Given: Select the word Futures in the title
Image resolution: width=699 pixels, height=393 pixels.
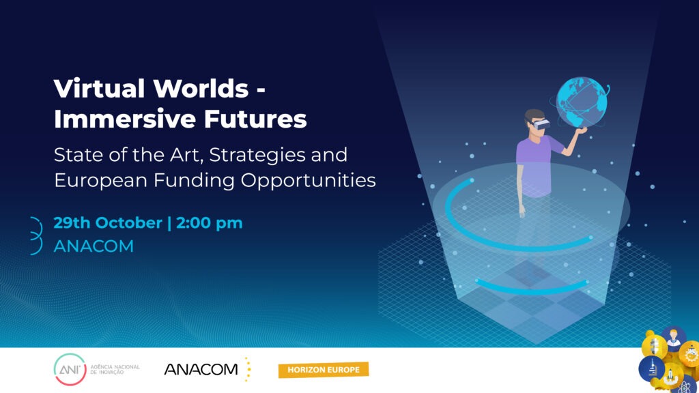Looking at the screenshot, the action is click(255, 119).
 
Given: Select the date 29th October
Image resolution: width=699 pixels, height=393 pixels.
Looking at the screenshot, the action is click(108, 223).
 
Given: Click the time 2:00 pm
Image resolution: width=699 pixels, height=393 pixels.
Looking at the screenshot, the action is click(210, 223).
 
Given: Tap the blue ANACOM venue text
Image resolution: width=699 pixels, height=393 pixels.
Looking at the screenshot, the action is click(94, 246).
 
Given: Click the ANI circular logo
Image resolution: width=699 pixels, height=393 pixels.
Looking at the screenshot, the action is click(70, 369).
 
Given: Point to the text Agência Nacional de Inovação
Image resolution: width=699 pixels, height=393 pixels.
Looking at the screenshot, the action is click(115, 369).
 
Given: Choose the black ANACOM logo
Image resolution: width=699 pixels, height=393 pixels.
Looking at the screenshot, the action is click(201, 369).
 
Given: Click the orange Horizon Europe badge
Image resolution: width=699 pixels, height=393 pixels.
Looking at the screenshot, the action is click(324, 370).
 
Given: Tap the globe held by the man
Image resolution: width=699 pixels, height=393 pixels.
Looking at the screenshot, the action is click(582, 102).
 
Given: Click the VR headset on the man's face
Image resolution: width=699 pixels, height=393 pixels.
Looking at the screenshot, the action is click(541, 124).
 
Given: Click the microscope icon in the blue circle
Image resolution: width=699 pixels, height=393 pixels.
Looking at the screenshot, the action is click(652, 369).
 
